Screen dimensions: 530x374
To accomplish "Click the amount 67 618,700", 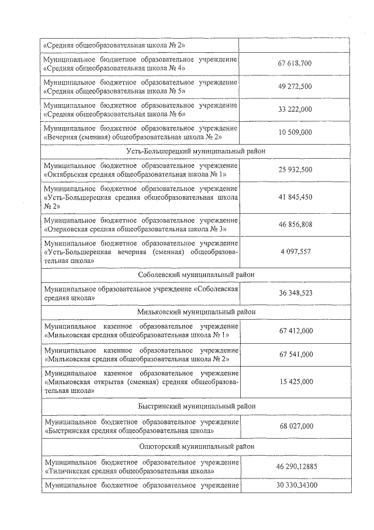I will [x=295, y=63].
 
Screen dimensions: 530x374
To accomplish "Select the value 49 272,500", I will [x=295, y=86].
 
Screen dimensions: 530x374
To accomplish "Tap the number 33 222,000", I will [x=295, y=109].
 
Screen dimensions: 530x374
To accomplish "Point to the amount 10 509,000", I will [x=295, y=132].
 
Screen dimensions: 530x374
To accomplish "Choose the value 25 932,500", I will [x=295, y=170].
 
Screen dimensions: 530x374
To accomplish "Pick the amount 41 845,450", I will [x=295, y=197].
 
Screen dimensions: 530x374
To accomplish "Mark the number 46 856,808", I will [x=295, y=224].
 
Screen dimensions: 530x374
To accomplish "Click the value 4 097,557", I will [x=295, y=251].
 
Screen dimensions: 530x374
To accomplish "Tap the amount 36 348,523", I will [x=295, y=293].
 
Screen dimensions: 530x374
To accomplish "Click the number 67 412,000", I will [x=295, y=331].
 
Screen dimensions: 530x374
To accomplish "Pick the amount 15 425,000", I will [x=295, y=381].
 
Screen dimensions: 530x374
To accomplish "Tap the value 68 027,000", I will [x=295, y=426].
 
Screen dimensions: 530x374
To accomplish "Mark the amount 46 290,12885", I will [x=296, y=467].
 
